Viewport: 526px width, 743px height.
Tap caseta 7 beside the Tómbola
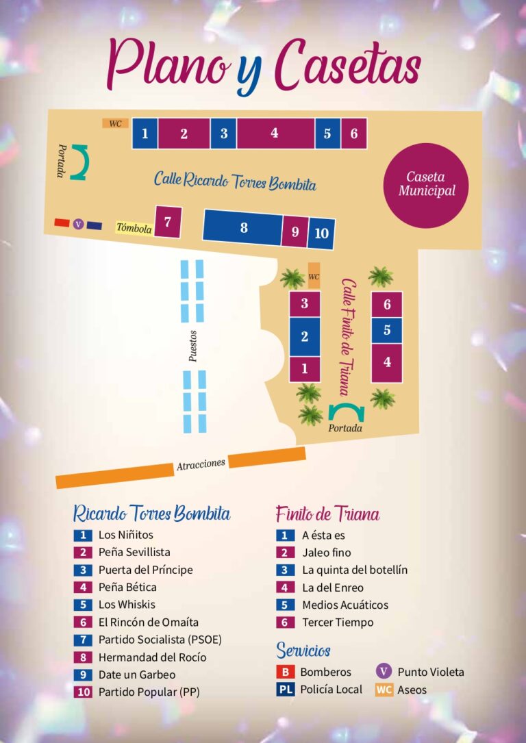(168, 222)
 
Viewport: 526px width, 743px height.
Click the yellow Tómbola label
(134, 228)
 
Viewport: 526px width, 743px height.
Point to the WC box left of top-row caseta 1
(115, 123)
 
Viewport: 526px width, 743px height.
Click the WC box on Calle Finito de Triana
(314, 276)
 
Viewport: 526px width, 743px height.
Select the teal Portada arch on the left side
(81, 163)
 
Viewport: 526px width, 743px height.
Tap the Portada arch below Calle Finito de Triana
(346, 412)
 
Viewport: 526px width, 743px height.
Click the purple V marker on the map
(78, 224)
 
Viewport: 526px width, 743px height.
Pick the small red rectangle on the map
(62, 223)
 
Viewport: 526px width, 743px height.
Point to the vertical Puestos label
(193, 346)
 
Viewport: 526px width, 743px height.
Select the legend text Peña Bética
(127, 587)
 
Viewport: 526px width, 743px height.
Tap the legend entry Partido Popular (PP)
(149, 692)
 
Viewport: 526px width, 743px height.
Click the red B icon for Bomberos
(285, 672)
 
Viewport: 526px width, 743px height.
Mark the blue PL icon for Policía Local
(285, 690)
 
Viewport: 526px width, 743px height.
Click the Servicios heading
(303, 649)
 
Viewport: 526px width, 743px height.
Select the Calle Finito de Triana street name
(349, 336)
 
